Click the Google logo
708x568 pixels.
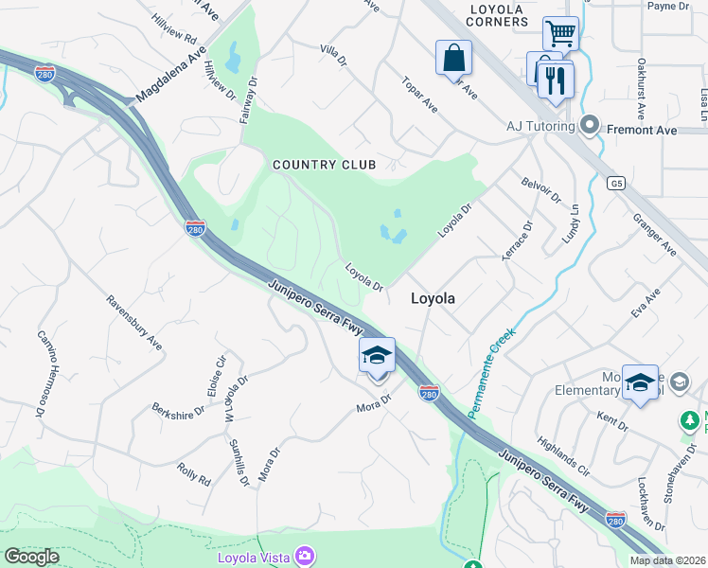pos(32,557)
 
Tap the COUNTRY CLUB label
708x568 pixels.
pos(324,165)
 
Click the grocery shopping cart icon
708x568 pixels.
pos(560,34)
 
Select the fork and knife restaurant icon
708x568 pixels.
pos(556,80)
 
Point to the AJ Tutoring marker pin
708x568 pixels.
pos(590,126)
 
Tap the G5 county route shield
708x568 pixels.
pos(617,183)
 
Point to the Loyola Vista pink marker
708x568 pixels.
pos(306,556)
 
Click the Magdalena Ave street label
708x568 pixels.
pos(170,76)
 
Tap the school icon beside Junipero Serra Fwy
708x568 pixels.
pos(377,357)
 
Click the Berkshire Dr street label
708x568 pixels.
pos(178,409)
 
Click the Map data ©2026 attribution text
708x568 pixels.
pos(666,560)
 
